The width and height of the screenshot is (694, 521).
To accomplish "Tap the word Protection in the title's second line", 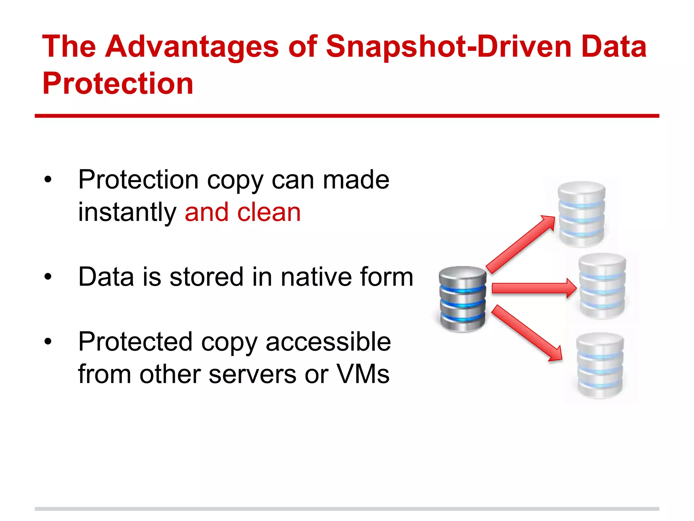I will tap(118, 83).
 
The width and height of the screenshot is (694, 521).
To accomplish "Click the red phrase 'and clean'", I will tap(243, 212).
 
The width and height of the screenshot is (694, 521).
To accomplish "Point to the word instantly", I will tap(127, 213).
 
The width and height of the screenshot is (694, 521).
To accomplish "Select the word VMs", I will tap(363, 374).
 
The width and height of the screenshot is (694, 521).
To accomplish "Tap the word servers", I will tap(252, 374).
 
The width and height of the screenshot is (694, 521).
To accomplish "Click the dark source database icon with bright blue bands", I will tap(463, 298).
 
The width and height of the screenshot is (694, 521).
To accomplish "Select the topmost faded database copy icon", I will tap(581, 214).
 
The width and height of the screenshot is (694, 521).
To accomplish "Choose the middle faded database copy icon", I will tap(602, 286).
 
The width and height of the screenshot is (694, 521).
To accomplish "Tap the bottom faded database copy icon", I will tap(600, 365).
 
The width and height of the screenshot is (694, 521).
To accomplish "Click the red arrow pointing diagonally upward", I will tap(520, 244).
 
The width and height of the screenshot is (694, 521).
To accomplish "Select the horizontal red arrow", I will tap(534, 288).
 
